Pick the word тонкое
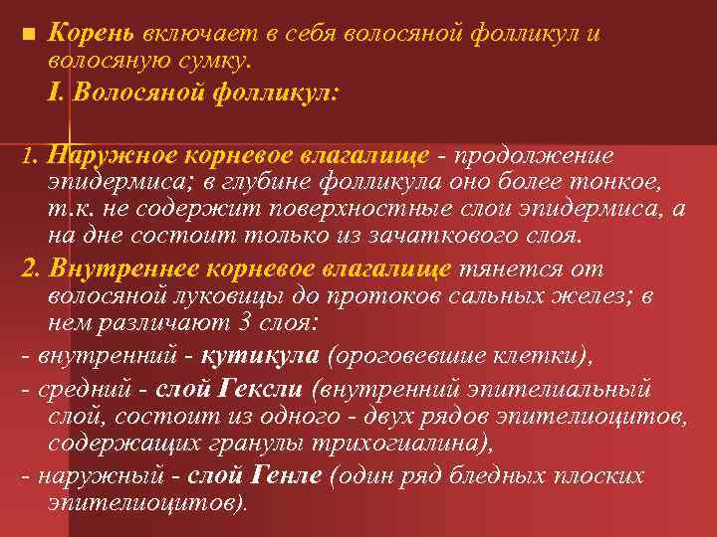[622, 182]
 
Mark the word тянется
[498, 268]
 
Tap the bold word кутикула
[260, 355]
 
